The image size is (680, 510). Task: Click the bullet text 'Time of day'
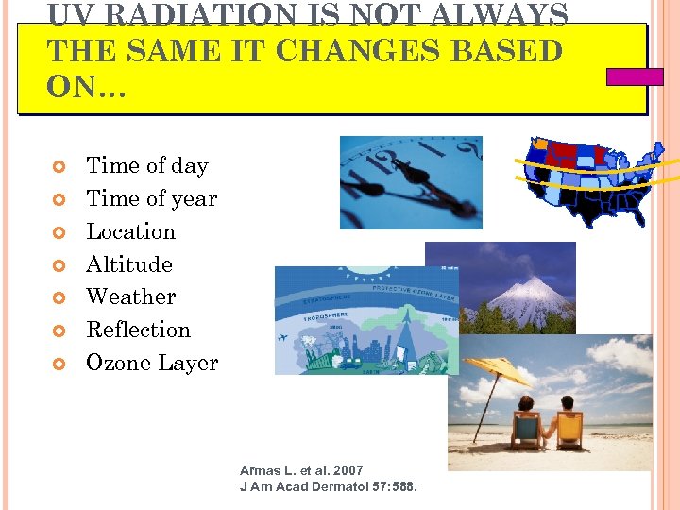[x=146, y=166]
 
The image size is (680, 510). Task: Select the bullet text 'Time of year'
[x=151, y=199]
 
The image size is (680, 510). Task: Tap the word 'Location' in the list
[x=130, y=232]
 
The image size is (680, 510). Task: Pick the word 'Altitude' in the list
[x=129, y=264]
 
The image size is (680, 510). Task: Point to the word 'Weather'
[x=130, y=297]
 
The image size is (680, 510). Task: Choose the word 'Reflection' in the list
[x=138, y=331]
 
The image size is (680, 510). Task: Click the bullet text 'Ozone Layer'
[x=151, y=364]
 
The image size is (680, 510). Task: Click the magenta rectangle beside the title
[x=635, y=76]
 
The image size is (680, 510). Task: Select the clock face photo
[x=411, y=181]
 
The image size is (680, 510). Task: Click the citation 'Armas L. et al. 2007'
[x=301, y=470]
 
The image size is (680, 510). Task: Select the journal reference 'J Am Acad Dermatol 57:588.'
[x=328, y=486]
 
